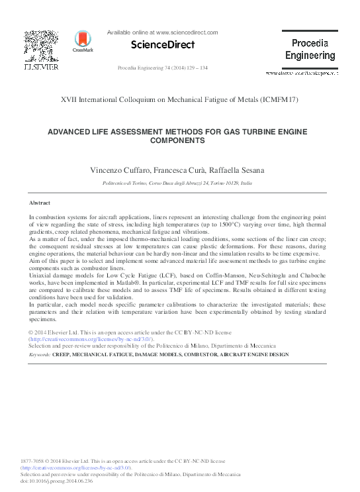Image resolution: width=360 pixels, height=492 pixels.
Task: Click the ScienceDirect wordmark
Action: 162,45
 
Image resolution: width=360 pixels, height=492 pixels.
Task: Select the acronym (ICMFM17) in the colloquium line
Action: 276,99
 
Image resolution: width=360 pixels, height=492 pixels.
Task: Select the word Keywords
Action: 40,355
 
